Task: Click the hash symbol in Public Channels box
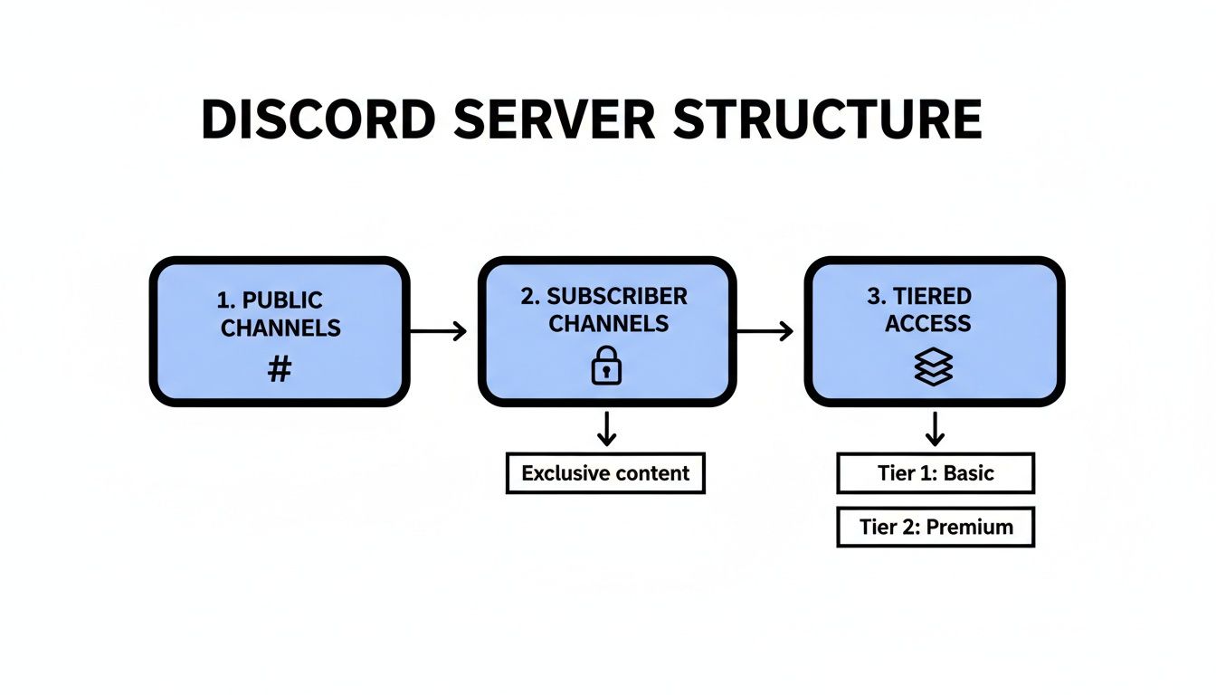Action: click(280, 368)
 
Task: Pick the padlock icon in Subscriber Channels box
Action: click(607, 367)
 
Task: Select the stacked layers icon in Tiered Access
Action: click(934, 367)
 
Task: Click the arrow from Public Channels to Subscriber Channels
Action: click(439, 331)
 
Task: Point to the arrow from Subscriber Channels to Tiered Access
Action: click(765, 331)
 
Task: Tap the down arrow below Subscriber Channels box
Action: click(607, 428)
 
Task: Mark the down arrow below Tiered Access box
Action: click(935, 428)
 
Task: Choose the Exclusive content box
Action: click(605, 473)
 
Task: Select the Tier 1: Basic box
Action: click(935, 473)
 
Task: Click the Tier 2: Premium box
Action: click(935, 527)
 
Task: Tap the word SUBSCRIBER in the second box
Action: click(617, 297)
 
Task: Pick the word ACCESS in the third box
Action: click(927, 324)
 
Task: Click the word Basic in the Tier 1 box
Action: click(968, 473)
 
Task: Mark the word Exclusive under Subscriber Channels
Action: click(564, 473)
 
